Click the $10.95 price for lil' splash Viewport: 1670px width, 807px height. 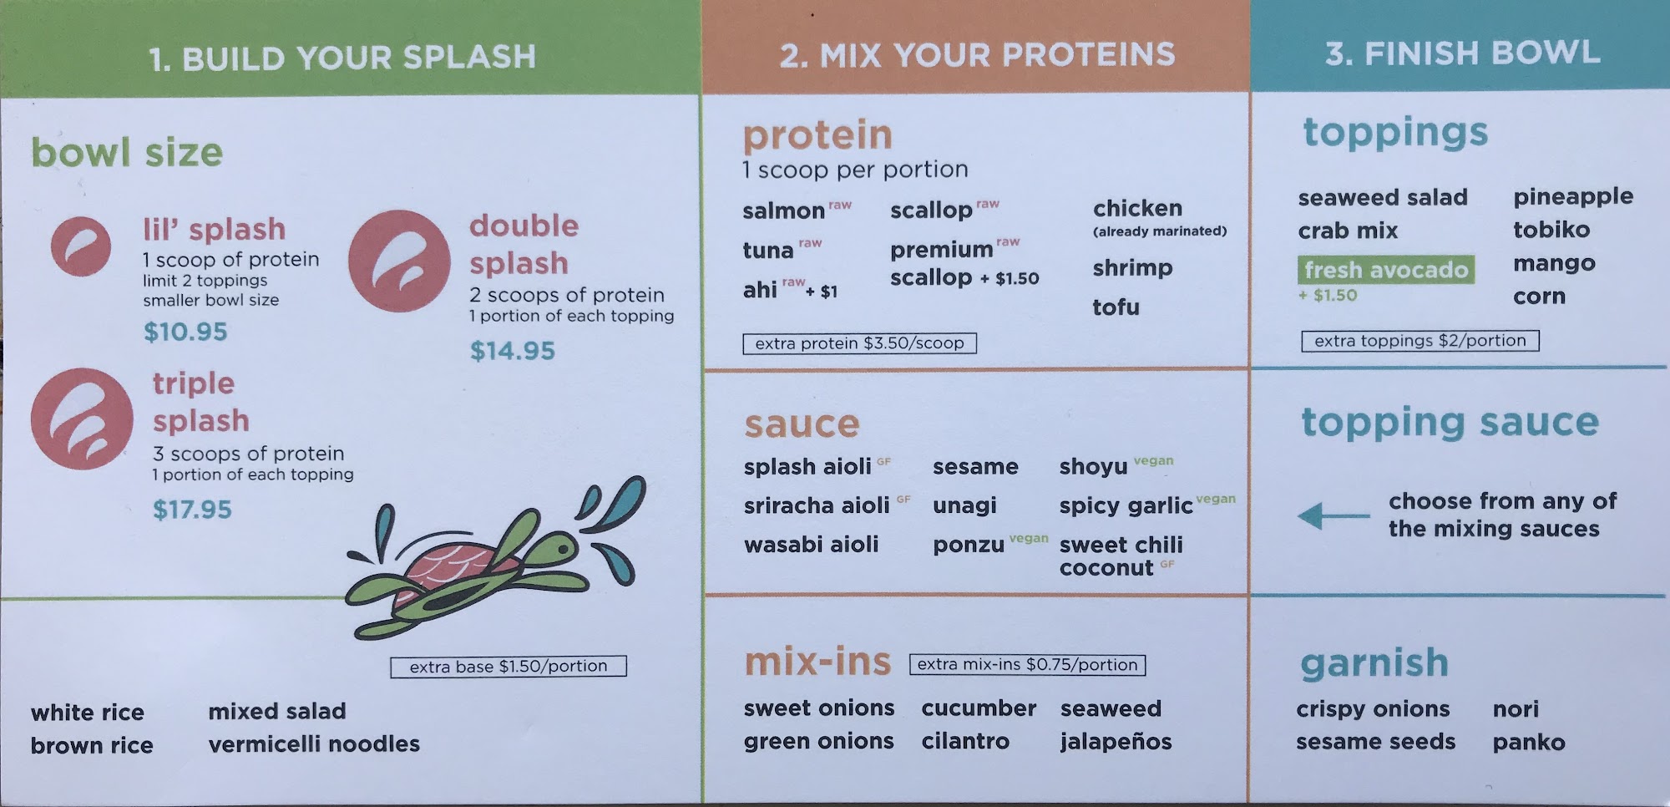(185, 332)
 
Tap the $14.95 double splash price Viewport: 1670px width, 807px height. (512, 351)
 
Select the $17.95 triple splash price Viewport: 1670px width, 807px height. (192, 510)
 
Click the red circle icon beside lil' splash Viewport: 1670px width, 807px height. (81, 246)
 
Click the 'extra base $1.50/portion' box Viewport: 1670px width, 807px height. (509, 667)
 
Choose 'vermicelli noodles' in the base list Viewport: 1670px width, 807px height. (314, 744)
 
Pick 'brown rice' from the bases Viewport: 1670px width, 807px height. (92, 745)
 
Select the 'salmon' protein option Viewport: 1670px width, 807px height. (783, 211)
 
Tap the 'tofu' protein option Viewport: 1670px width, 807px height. (1116, 307)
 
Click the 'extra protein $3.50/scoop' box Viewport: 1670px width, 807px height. (859, 343)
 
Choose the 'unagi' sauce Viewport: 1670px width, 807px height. (964, 506)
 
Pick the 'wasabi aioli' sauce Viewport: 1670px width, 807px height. (811, 545)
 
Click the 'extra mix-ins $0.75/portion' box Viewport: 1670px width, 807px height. (1027, 665)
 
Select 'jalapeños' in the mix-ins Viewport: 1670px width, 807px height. (1116, 742)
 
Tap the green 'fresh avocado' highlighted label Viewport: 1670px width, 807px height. (1386, 270)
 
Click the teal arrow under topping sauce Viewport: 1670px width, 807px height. (1333, 516)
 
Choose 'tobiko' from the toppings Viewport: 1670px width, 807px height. (1551, 230)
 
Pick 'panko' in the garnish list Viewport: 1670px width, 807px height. (1529, 743)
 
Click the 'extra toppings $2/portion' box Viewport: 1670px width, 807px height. (1420, 341)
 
